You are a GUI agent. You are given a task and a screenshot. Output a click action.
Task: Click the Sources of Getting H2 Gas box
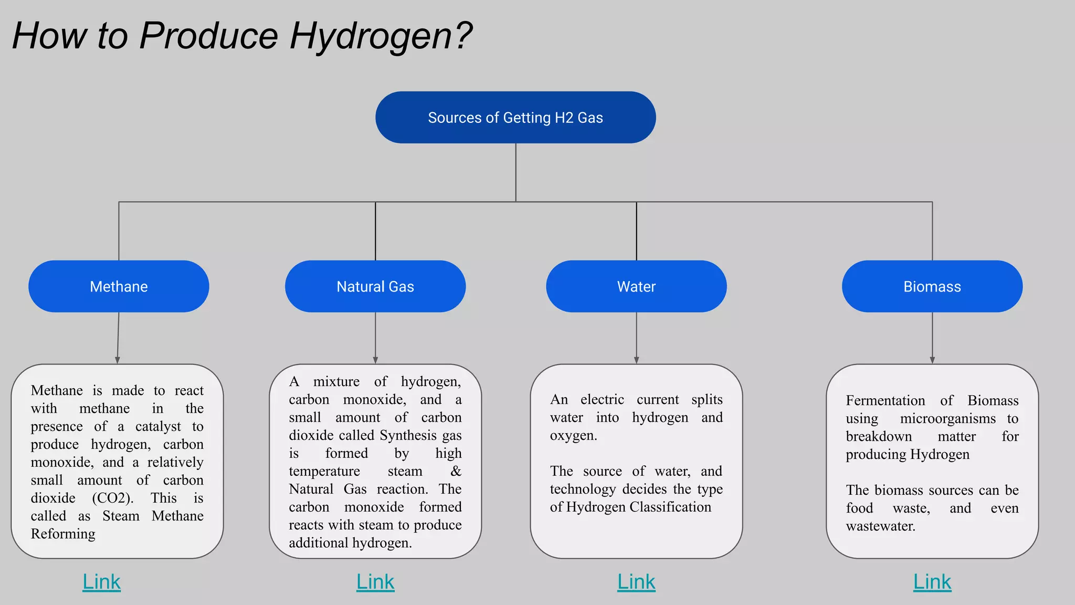coord(515,117)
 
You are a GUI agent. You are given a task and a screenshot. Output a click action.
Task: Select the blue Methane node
coord(119,286)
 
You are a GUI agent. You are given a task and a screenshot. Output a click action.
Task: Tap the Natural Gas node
coord(375,286)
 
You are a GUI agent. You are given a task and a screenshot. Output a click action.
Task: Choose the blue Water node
coord(636,286)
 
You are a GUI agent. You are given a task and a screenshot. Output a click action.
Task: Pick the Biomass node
coord(932,286)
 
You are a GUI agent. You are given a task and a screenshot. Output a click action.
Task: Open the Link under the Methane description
coord(101,581)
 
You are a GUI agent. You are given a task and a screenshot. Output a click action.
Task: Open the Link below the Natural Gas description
coord(375,581)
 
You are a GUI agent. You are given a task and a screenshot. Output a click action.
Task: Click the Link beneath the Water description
coord(636,581)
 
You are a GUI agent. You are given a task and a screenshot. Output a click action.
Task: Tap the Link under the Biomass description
coord(932,581)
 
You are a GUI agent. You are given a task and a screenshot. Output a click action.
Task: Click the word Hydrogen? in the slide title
coord(381,36)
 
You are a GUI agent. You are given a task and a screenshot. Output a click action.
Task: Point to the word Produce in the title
coord(208,36)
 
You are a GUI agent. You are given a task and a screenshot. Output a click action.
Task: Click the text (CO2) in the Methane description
coord(112,498)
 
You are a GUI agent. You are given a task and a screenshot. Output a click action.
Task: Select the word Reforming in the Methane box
coord(63,534)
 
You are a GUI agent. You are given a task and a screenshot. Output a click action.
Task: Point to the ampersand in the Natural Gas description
coord(456,471)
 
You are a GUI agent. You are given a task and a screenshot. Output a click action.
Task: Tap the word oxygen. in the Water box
coord(573,435)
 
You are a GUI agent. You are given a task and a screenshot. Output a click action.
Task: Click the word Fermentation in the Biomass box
coord(885,401)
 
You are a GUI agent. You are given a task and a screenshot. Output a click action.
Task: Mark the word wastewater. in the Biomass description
coord(880,526)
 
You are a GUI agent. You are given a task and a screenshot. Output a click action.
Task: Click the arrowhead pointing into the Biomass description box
coord(932,360)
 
